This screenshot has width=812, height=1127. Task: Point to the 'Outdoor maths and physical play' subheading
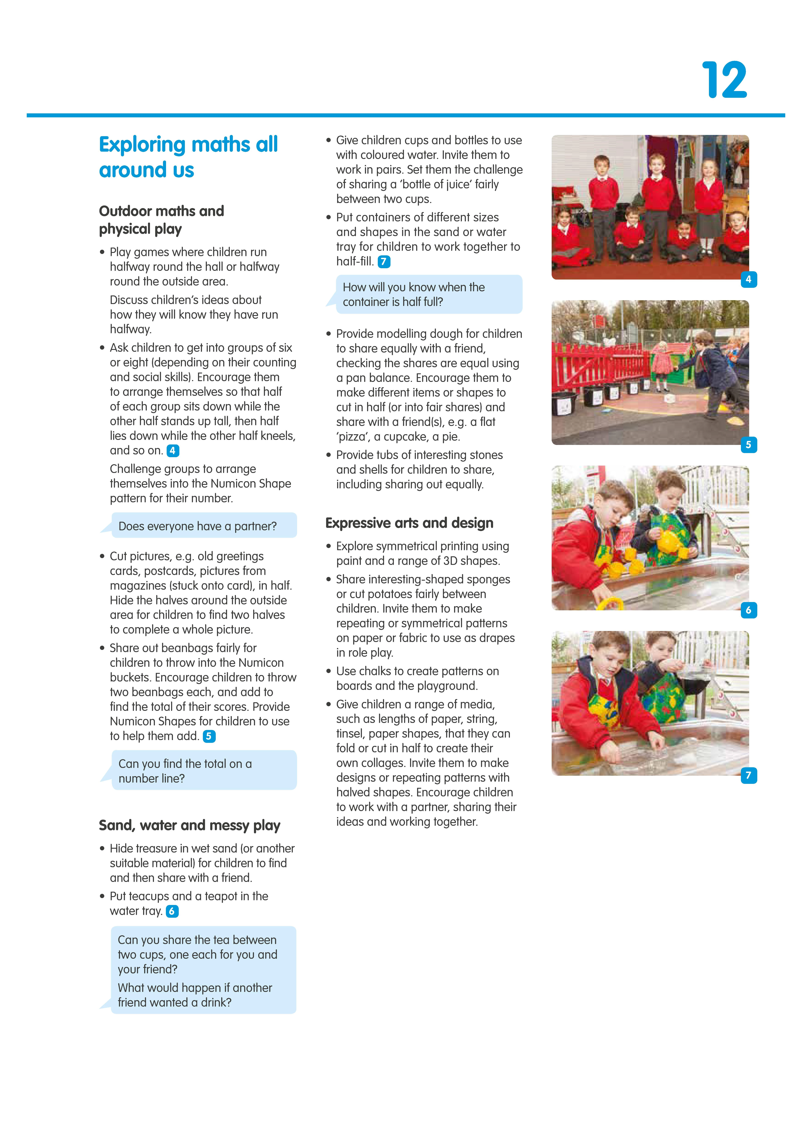(161, 220)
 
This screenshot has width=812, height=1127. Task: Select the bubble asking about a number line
(204, 771)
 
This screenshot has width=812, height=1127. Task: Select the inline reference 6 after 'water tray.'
(172, 911)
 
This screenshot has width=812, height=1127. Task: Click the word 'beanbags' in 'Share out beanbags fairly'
(187, 648)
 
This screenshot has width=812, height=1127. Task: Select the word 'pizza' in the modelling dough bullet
(352, 437)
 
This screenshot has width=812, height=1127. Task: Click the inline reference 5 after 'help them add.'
(209, 736)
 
